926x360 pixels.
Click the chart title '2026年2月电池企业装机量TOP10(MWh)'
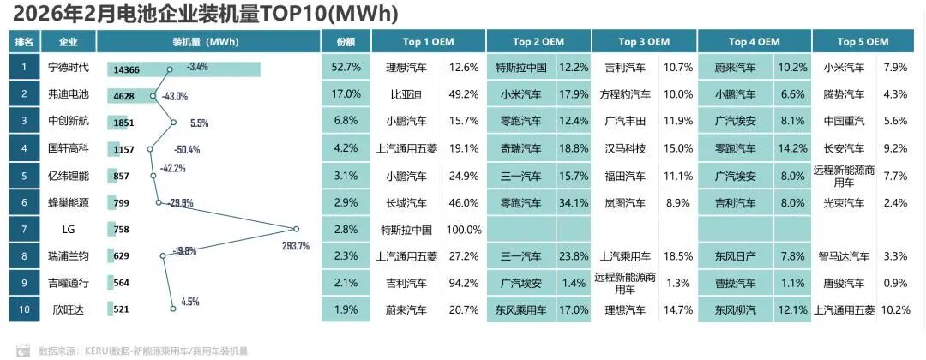(206, 14)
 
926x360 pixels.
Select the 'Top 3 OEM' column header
(643, 41)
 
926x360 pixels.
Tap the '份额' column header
(346, 41)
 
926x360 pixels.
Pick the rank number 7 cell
(25, 229)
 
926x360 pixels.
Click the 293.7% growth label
(295, 246)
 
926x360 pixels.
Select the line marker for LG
(296, 229)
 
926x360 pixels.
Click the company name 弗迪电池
(69, 94)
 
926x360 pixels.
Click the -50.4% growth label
(186, 149)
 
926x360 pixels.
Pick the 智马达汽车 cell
(844, 256)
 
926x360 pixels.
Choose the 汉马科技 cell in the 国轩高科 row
(623, 148)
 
